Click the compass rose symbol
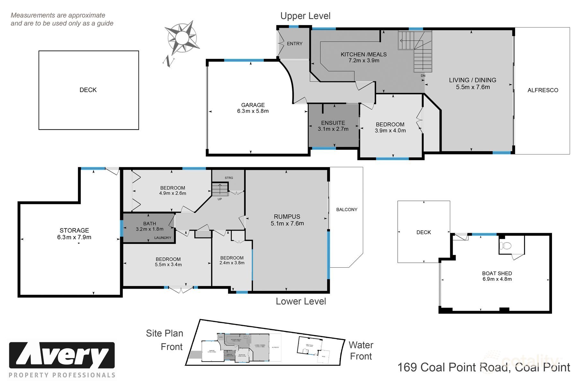click(x=182, y=38)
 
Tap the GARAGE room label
click(x=253, y=105)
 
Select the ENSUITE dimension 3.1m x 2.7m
click(x=333, y=129)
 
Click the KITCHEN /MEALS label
click(x=363, y=54)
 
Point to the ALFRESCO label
click(x=543, y=90)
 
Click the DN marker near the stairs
click(x=423, y=76)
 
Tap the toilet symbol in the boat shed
click(x=506, y=246)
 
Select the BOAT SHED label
click(x=497, y=273)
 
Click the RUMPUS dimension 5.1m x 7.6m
click(x=287, y=223)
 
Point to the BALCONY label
click(x=347, y=209)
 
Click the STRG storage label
click(x=229, y=178)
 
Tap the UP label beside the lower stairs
click(x=220, y=199)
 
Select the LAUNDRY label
click(x=163, y=238)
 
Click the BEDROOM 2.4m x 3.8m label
click(x=232, y=260)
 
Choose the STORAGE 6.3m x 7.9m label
click(x=74, y=234)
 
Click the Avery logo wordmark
click(x=62, y=355)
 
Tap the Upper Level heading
click(x=305, y=16)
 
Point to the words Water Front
click(x=361, y=351)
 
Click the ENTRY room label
click(x=294, y=44)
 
